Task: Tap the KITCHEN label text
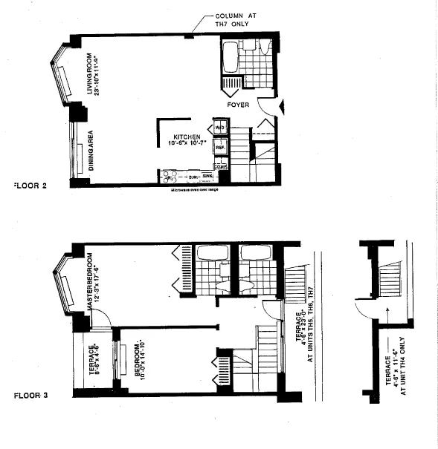pyautogui.click(x=186, y=137)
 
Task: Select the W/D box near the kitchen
pyautogui.click(x=220, y=128)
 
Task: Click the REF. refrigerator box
pyautogui.click(x=220, y=148)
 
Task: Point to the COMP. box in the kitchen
pyautogui.click(x=220, y=167)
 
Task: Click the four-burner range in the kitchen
pyautogui.click(x=169, y=177)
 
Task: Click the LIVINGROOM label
pyautogui.click(x=90, y=78)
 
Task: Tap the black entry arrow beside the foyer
pyautogui.click(x=280, y=108)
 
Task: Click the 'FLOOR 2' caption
pyautogui.click(x=30, y=185)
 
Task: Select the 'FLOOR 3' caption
pyautogui.click(x=30, y=395)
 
